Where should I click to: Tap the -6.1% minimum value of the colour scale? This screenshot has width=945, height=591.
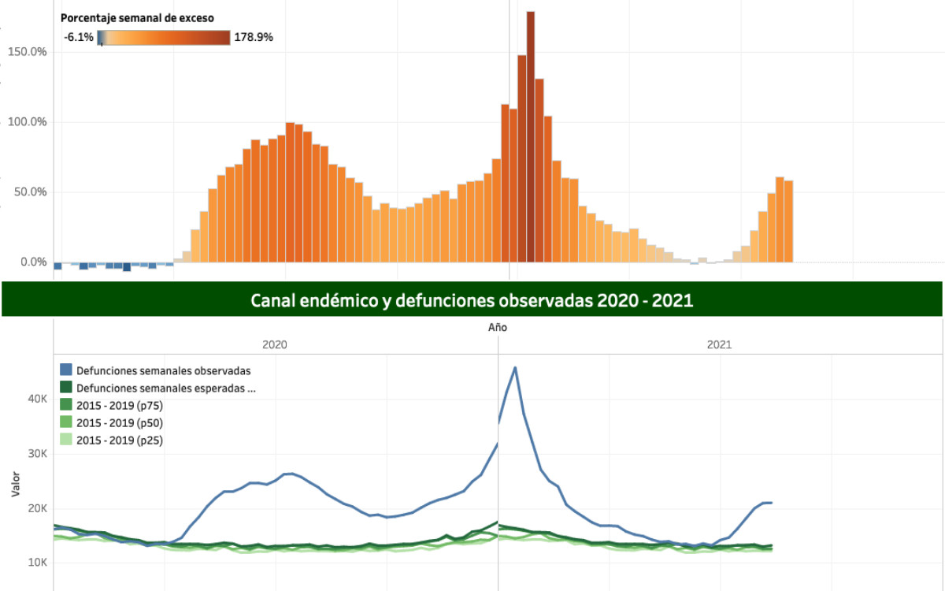click(x=79, y=37)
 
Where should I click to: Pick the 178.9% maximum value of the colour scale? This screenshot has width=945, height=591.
click(x=254, y=37)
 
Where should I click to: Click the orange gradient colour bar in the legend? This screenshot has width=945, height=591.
click(x=165, y=37)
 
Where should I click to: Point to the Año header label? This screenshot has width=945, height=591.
click(x=498, y=327)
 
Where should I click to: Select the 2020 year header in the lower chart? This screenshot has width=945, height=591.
click(x=275, y=344)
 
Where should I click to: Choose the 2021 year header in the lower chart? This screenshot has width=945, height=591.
click(x=719, y=344)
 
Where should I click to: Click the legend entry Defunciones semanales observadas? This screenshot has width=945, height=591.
click(x=164, y=370)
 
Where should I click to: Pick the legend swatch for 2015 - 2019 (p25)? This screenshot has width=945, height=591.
click(x=67, y=440)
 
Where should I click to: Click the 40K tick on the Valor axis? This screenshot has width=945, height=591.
click(x=38, y=400)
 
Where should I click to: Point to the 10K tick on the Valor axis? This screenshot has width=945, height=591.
click(x=38, y=563)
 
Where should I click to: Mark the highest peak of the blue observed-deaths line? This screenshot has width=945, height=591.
click(x=515, y=367)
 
